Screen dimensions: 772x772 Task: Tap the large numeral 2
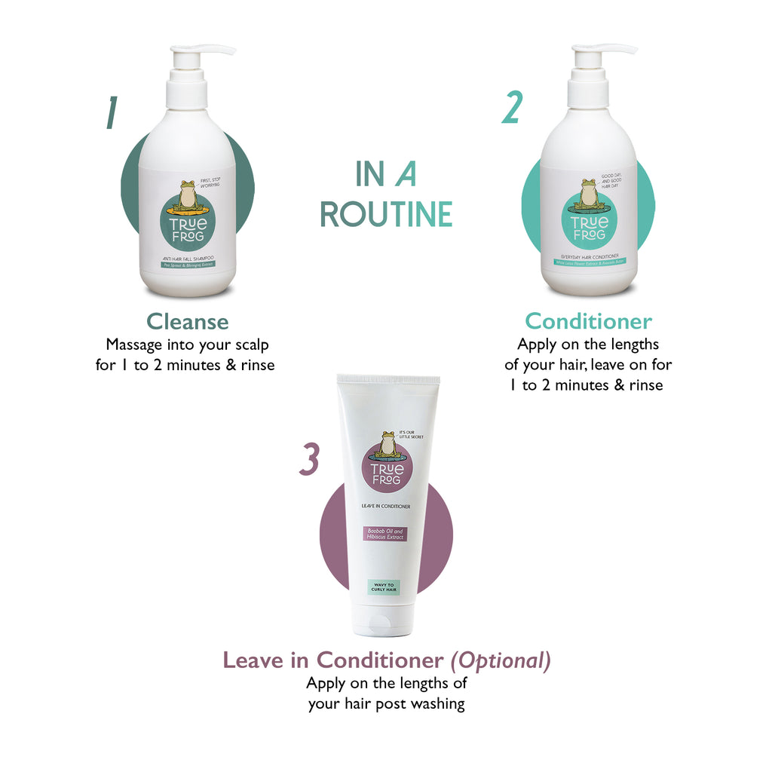(x=512, y=107)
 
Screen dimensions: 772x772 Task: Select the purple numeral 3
(x=309, y=460)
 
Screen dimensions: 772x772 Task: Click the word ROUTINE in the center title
(x=386, y=214)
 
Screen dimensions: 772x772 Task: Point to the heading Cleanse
(x=187, y=322)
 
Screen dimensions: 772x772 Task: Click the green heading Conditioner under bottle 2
(x=588, y=321)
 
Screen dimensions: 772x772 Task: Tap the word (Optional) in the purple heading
(x=501, y=660)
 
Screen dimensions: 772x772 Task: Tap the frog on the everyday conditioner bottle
(x=589, y=195)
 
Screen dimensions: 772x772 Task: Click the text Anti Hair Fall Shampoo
(x=187, y=258)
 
